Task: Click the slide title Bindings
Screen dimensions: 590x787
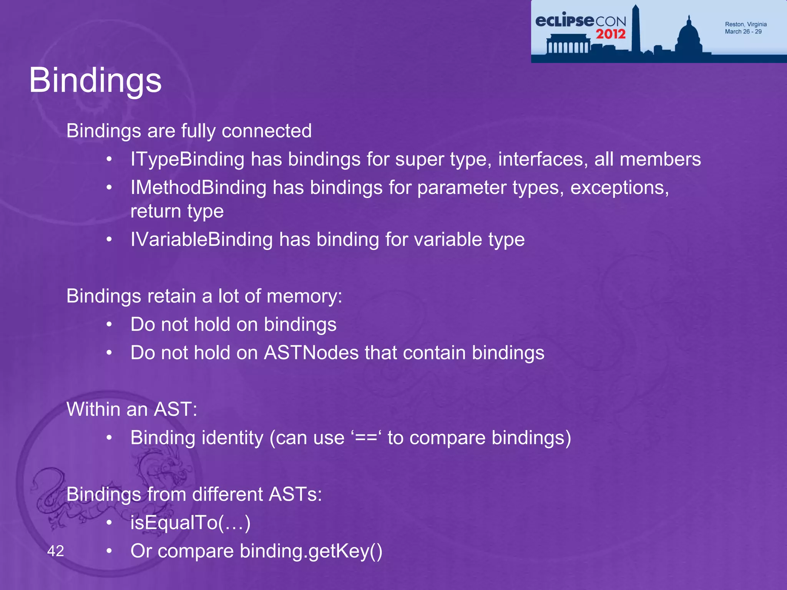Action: (x=95, y=81)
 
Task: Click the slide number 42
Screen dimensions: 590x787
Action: (x=56, y=551)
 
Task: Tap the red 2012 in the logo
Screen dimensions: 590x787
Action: (x=611, y=34)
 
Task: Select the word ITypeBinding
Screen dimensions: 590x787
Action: (x=187, y=159)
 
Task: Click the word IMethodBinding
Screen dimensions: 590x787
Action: (x=198, y=188)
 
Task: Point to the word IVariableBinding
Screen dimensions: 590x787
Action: (x=201, y=240)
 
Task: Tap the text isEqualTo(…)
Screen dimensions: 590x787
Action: (x=190, y=523)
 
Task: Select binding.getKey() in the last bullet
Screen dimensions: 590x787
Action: (x=311, y=551)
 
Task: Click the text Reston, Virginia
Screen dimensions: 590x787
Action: (x=745, y=24)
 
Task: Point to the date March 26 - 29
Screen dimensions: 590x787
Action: (x=743, y=31)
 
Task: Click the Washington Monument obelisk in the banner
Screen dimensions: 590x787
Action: (x=636, y=29)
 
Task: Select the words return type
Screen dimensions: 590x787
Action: (x=177, y=212)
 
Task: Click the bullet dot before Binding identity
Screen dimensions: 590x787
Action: (x=110, y=438)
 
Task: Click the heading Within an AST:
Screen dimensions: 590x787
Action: (x=132, y=409)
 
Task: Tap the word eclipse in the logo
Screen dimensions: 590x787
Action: (x=564, y=21)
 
